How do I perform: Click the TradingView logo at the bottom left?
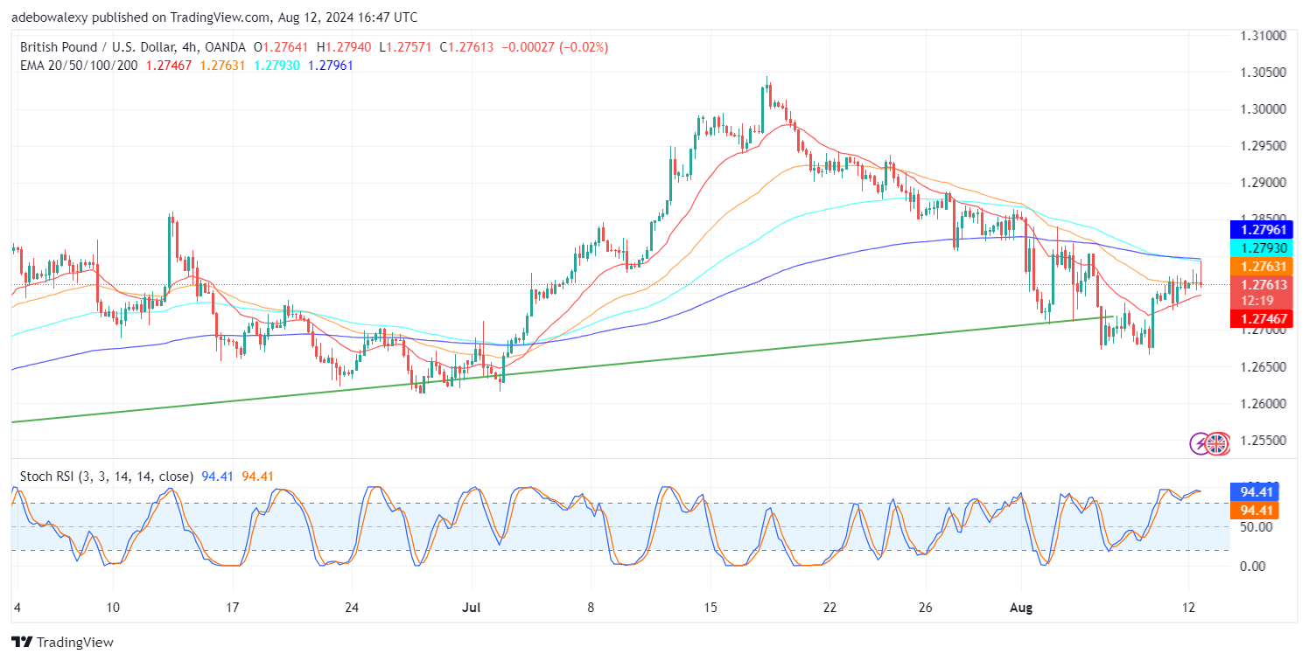click(63, 642)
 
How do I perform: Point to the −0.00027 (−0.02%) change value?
click(555, 47)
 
